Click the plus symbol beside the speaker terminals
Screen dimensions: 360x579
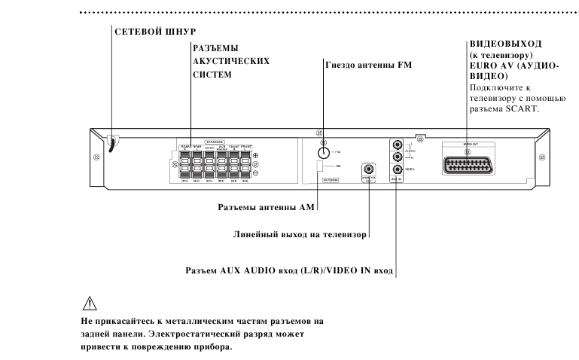pyautogui.click(x=256, y=156)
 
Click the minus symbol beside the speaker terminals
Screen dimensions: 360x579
pyautogui.click(x=256, y=172)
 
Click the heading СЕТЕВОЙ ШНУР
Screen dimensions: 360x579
pyautogui.click(x=154, y=32)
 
